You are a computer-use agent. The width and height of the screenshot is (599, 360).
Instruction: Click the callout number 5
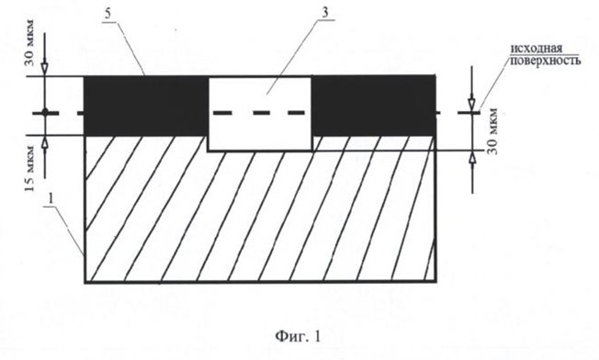[x=108, y=14]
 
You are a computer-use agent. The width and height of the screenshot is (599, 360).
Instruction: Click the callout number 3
[x=325, y=13]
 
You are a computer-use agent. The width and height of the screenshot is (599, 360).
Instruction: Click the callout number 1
[x=51, y=199]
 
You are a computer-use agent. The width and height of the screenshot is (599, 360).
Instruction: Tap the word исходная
[x=537, y=49]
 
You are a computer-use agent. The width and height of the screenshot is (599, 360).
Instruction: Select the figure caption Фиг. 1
[x=298, y=336]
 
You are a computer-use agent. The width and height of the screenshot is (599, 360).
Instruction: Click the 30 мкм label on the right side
[x=492, y=131]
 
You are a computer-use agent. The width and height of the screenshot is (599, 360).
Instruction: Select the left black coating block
[x=145, y=106]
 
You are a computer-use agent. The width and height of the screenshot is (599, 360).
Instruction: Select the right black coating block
[x=374, y=106]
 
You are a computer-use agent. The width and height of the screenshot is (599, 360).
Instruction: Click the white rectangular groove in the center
[x=260, y=115]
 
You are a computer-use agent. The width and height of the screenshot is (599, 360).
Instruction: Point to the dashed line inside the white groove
[x=259, y=113]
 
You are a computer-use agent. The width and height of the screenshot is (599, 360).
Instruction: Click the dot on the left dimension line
[x=45, y=112]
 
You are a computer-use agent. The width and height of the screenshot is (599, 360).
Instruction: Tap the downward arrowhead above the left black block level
[x=45, y=69]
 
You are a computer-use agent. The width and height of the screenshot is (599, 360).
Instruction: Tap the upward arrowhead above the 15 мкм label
[x=45, y=142]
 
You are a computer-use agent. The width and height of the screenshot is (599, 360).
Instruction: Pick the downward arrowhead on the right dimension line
[x=472, y=104]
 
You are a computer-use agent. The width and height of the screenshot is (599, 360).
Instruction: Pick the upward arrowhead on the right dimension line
[x=473, y=158]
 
